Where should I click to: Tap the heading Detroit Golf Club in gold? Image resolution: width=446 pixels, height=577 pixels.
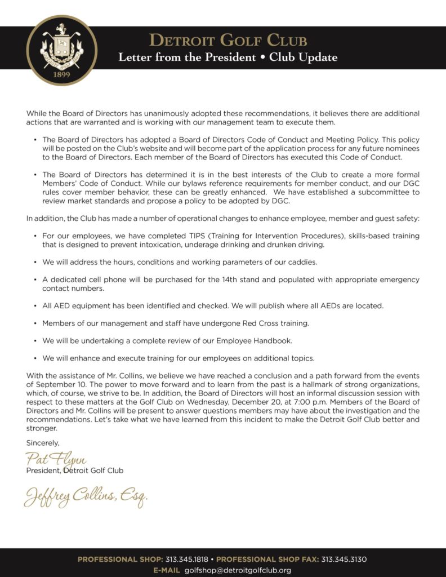(228, 41)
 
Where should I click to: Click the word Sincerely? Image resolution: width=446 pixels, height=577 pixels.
(43, 443)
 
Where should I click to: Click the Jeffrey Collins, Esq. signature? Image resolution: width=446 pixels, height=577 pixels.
(86, 496)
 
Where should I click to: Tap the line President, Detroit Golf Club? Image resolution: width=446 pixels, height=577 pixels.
(75, 471)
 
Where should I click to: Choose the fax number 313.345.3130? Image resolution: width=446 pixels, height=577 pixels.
(344, 560)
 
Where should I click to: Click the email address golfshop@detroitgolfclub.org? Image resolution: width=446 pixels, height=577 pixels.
(238, 570)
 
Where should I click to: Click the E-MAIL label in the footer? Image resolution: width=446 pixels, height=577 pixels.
(167, 570)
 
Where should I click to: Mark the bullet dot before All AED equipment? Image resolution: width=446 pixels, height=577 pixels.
(35, 306)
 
